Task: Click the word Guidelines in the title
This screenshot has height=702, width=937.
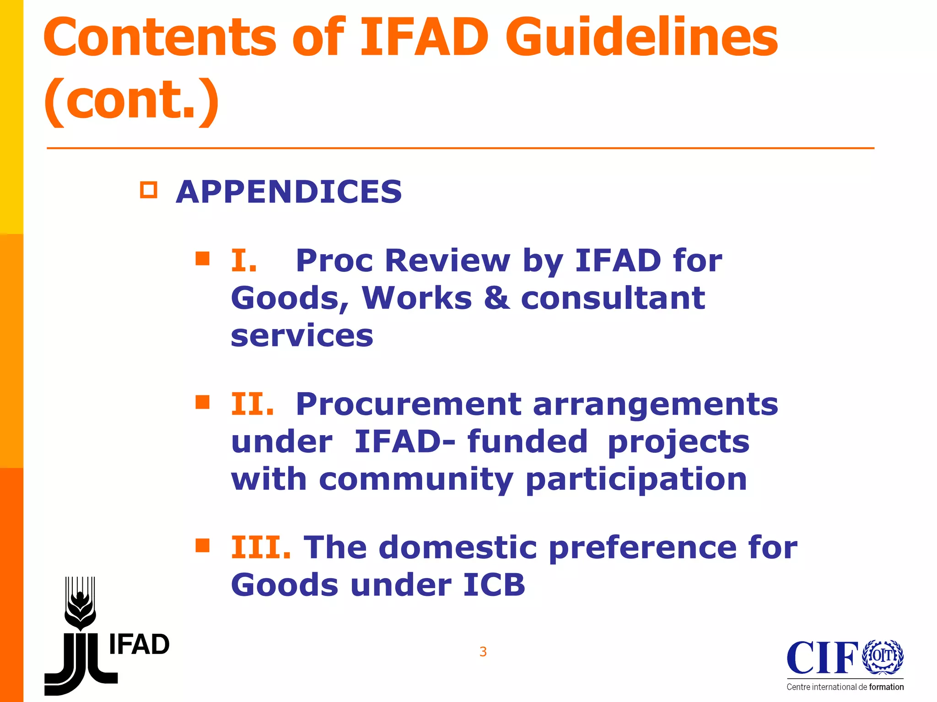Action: click(641, 37)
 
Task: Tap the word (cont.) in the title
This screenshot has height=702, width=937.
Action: click(131, 100)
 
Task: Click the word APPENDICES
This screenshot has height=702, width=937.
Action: click(289, 192)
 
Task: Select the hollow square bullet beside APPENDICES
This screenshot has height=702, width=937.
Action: click(149, 190)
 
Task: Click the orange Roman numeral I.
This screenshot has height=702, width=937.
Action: click(244, 261)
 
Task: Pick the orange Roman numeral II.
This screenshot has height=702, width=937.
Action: click(252, 404)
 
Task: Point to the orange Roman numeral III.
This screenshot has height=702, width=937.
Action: click(261, 548)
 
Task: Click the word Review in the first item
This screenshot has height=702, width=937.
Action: click(447, 261)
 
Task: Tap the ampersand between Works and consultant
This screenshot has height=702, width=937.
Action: click(496, 298)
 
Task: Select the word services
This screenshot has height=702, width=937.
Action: click(302, 335)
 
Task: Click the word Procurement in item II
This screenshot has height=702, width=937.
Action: click(408, 404)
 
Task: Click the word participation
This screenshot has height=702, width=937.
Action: click(636, 480)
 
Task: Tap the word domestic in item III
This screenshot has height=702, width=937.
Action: click(458, 548)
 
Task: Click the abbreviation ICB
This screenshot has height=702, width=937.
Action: click(494, 585)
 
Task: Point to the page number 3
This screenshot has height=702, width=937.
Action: click(483, 652)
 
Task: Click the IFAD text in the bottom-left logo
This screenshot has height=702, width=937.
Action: click(140, 645)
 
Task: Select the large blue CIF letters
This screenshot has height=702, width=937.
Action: click(822, 658)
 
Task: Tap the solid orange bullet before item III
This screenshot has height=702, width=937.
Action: click(202, 545)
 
